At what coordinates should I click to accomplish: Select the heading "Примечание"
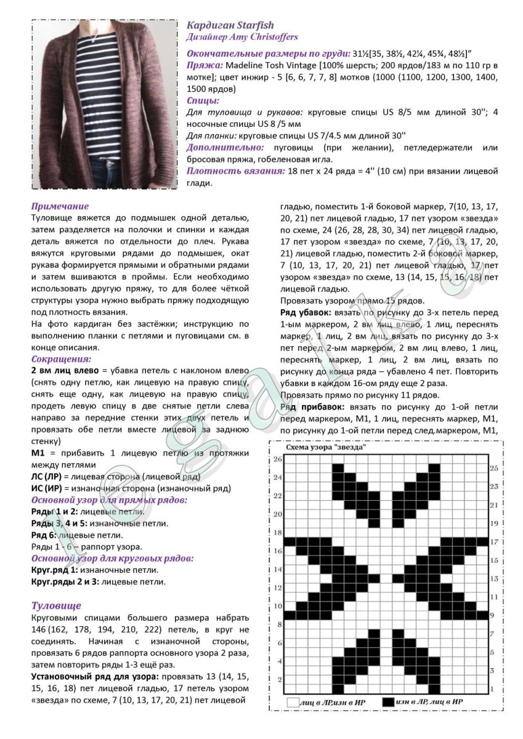[60, 206]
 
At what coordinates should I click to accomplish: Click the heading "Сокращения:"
[61, 358]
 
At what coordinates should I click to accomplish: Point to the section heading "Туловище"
[56, 605]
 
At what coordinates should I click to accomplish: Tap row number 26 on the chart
[277, 459]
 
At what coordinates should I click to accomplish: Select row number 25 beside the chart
[493, 469]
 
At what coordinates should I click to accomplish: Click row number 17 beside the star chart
[493, 542]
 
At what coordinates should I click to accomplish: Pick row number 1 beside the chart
[493, 689]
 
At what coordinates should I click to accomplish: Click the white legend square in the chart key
[293, 701]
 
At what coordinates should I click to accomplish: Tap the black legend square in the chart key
[387, 701]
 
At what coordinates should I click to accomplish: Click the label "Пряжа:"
[205, 65]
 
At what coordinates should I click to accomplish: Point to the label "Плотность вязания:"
[236, 171]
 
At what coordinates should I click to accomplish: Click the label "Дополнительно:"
[225, 148]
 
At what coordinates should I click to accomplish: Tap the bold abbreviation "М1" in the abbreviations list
[38, 453]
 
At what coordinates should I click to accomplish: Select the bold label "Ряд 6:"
[44, 535]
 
